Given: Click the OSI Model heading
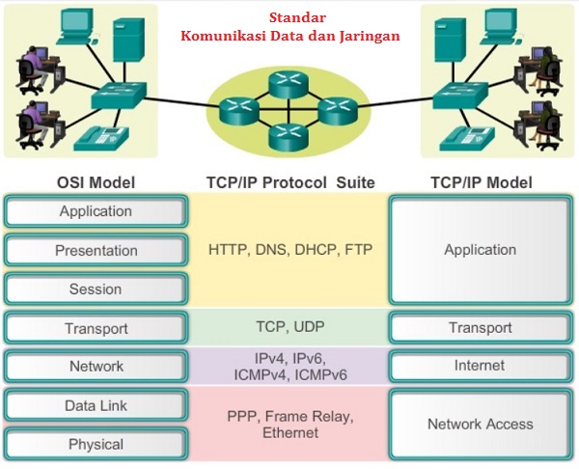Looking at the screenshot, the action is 96,182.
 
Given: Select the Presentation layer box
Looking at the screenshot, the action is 96,250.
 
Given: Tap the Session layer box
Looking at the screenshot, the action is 96,289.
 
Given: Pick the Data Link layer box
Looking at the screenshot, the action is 96,405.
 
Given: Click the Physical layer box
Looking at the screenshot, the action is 96,444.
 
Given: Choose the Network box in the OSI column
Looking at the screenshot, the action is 96,367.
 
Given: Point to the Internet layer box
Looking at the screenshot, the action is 481,366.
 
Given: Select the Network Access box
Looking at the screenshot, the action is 481,425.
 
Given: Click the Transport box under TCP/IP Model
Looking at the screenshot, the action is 481,327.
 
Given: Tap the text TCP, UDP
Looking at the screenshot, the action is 290,327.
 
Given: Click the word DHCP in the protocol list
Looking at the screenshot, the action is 317,250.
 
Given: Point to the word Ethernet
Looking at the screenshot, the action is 290,432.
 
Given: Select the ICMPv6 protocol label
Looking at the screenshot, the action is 321,375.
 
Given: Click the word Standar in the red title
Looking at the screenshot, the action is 297,17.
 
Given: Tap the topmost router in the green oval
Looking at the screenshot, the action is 289,84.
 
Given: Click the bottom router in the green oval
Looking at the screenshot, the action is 289,137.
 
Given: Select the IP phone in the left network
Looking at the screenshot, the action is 101,139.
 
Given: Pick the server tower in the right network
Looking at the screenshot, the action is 450,40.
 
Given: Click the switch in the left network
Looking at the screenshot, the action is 119,96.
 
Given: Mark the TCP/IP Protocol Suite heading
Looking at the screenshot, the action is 290,182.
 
